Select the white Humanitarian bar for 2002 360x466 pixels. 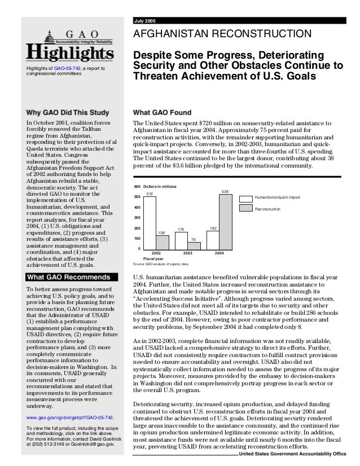(150, 223)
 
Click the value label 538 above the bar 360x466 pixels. (225, 192)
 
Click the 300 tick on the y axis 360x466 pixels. (137, 218)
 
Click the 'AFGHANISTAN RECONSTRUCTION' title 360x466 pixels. (221, 36)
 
